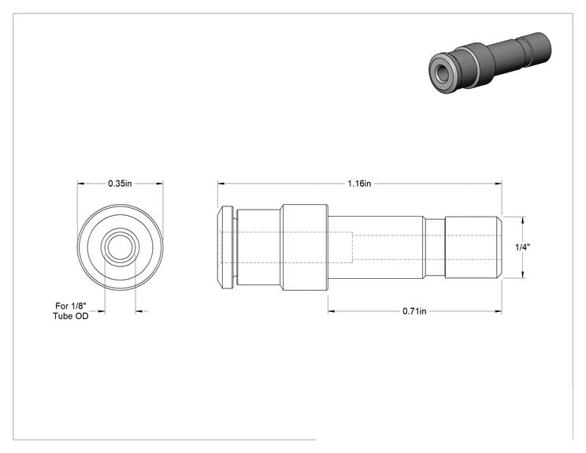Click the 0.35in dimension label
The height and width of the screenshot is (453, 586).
click(x=120, y=184)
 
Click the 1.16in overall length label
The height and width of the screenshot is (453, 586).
click(x=359, y=184)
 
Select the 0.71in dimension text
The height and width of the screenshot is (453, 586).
click(x=414, y=311)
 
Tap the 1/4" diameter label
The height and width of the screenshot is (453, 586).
click(x=522, y=247)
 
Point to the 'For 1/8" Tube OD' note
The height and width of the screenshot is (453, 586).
click(x=71, y=311)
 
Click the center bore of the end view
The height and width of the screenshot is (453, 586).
click(x=120, y=247)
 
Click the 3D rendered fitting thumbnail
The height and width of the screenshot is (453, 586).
click(x=490, y=62)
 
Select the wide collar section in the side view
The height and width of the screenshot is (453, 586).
click(x=305, y=247)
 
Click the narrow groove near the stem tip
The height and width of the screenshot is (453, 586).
click(x=435, y=247)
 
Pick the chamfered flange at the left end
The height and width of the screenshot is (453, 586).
click(x=226, y=247)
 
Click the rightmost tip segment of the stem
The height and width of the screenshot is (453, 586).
click(x=473, y=247)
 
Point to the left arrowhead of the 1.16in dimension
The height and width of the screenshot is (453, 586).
click(x=221, y=184)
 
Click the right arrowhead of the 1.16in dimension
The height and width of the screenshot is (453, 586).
click(x=498, y=184)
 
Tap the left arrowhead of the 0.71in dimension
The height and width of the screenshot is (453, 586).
click(x=332, y=311)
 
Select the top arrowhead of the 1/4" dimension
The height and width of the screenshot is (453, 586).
click(x=522, y=220)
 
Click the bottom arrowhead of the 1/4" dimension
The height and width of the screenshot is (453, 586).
click(x=522, y=275)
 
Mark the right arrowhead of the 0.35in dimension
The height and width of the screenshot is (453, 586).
click(x=160, y=184)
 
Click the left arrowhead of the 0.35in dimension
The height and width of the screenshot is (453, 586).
click(x=80, y=184)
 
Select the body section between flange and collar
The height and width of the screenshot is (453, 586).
click(x=258, y=247)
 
